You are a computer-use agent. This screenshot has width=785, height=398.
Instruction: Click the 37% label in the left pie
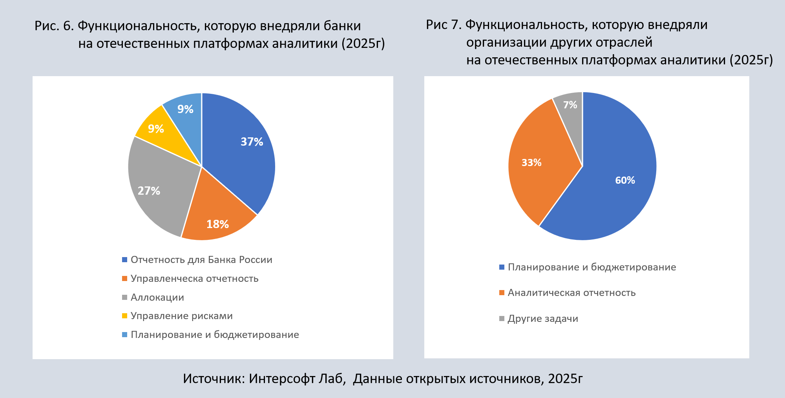252,142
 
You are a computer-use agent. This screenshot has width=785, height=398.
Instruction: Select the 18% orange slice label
217,224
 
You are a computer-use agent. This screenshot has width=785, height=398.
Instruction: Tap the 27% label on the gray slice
149,191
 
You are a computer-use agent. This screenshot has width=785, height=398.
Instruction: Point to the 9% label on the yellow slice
156,129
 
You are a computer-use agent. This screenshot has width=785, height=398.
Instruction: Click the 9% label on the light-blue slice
185,109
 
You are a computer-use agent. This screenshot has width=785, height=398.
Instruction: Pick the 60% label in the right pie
625,180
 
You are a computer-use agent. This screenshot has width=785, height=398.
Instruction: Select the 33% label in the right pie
531,162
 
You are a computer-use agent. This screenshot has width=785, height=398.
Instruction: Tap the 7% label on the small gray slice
570,105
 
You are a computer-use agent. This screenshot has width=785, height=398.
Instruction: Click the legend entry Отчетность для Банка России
201,260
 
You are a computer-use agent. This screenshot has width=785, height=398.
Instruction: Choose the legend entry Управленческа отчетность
194,279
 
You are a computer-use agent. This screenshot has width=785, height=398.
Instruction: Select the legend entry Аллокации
157,298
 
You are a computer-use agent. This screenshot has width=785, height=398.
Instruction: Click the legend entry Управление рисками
182,316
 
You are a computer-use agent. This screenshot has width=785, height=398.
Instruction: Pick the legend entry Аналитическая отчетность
571,293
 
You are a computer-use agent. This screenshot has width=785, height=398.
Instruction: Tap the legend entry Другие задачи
543,319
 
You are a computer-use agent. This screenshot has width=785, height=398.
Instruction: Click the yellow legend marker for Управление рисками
125,316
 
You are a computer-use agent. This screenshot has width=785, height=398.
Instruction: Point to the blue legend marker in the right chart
502,267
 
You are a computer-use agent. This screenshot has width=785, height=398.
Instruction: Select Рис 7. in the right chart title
444,25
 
